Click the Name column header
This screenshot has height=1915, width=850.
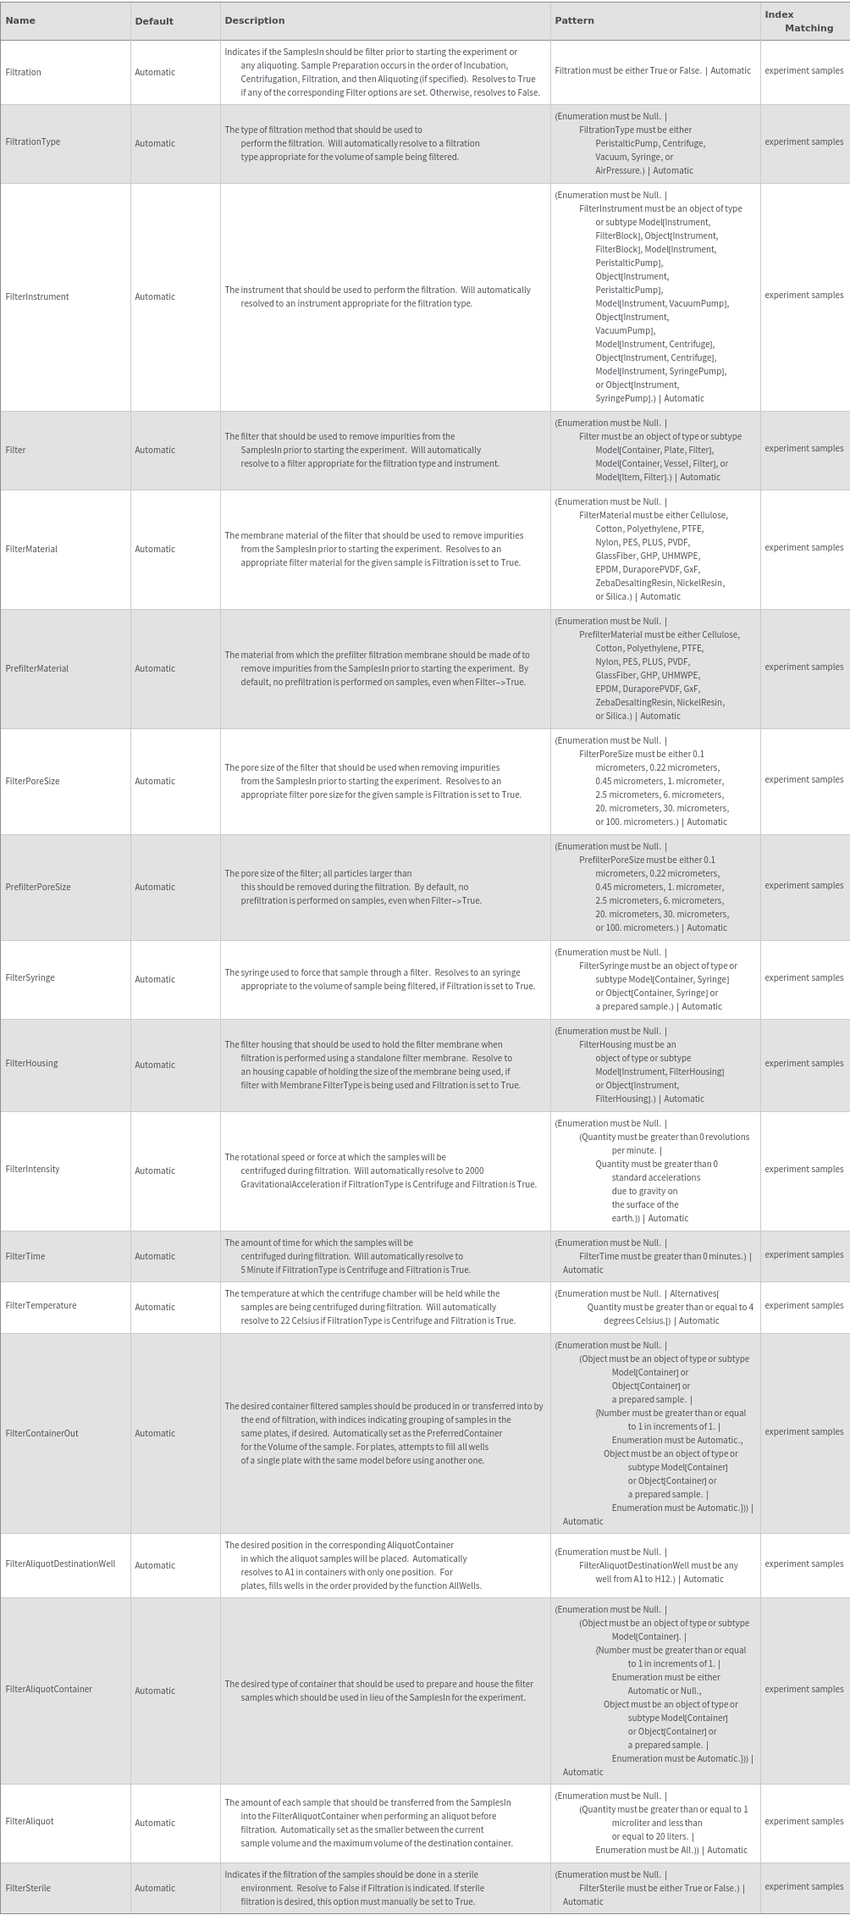tap(20, 21)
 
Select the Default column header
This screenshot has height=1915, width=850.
tap(154, 21)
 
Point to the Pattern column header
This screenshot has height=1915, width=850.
tap(574, 20)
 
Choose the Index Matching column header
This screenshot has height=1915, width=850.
tap(798, 21)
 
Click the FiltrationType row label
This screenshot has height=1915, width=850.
tap(33, 142)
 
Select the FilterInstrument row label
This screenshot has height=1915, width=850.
tap(37, 297)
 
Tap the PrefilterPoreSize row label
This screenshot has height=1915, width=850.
tap(38, 888)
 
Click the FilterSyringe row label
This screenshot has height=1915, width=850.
tap(30, 978)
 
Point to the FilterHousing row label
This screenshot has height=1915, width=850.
tap(31, 1064)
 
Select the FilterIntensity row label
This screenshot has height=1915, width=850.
tap(32, 1170)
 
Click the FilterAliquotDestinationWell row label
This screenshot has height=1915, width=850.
tap(60, 1564)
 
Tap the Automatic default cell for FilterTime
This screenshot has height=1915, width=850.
tap(155, 1257)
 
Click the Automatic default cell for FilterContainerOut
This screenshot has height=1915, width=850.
tap(155, 1433)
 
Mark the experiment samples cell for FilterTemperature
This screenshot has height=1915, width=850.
tap(803, 1305)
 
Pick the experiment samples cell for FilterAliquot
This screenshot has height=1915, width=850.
tap(803, 1821)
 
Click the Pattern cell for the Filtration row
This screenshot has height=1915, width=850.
tap(652, 71)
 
